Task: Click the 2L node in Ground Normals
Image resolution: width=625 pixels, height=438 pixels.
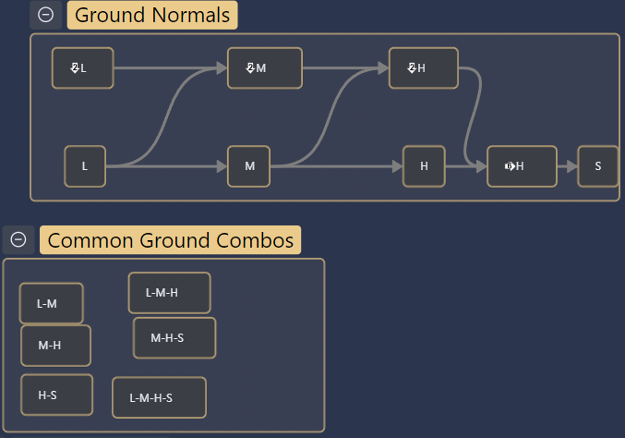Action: (x=83, y=68)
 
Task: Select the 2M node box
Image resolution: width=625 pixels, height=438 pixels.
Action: (x=265, y=68)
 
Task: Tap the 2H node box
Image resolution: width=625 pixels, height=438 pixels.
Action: (x=424, y=68)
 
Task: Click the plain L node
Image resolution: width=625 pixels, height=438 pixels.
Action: (x=85, y=166)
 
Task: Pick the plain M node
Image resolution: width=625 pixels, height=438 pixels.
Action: (x=248, y=166)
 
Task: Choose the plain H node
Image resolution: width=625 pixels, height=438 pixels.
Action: (x=424, y=166)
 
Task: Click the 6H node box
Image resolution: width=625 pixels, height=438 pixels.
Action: (x=522, y=166)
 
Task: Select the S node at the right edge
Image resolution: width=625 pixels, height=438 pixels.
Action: (x=598, y=166)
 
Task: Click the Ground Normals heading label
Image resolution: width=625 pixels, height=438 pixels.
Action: (x=152, y=15)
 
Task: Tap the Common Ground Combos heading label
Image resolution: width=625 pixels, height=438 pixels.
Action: (x=170, y=240)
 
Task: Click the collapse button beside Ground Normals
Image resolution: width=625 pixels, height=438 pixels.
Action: (x=45, y=15)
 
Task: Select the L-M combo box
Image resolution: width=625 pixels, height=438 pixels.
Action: (x=52, y=303)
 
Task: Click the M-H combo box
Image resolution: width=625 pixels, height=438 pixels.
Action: (x=55, y=346)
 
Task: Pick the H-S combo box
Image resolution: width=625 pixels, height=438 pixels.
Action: (x=56, y=395)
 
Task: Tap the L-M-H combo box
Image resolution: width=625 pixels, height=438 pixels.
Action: (x=169, y=293)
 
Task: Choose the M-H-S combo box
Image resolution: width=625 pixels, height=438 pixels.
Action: (x=174, y=338)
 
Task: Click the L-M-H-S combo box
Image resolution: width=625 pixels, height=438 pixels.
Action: (x=160, y=397)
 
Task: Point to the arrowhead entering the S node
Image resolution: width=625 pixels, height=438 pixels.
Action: (x=572, y=166)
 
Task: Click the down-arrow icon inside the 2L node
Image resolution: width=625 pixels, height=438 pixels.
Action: (x=75, y=68)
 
